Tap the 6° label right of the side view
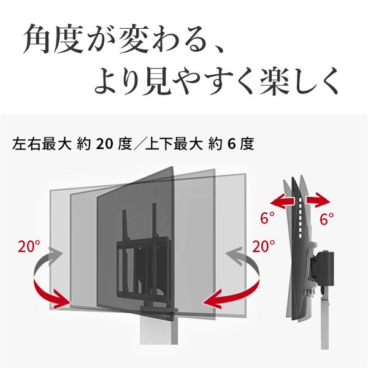[327, 219]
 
